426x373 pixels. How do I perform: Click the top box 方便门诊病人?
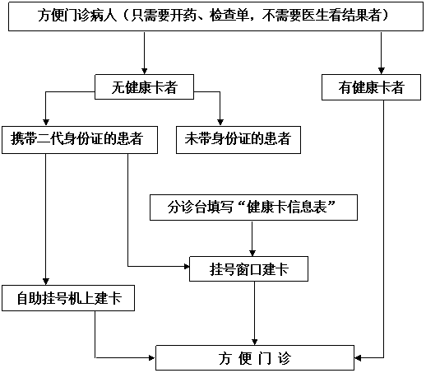(215, 16)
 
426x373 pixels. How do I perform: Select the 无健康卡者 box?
(144, 86)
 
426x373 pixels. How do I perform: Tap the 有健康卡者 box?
(371, 87)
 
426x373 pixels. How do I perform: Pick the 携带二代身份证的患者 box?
(80, 140)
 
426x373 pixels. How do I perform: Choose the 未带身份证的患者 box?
(238, 140)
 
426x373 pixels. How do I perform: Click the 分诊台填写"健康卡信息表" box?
(253, 207)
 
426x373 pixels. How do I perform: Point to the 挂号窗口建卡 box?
(248, 268)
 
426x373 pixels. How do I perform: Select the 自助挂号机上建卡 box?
(68, 298)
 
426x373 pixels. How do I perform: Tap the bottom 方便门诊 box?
(255, 358)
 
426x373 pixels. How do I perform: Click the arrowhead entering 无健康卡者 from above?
(145, 71)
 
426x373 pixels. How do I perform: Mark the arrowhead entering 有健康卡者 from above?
(382, 71)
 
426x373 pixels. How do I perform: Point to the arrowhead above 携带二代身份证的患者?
(46, 123)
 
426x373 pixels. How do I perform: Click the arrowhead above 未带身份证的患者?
(220, 123)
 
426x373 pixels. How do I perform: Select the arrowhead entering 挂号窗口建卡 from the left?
(187, 266)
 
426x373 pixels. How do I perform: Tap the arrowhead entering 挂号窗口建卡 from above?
(252, 253)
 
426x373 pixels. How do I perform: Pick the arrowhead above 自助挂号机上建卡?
(46, 282)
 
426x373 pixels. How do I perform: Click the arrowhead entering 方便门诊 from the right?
(358, 358)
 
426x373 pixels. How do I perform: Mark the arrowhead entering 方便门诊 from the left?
(152, 357)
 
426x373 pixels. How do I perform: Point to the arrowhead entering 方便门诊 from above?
(255, 342)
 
